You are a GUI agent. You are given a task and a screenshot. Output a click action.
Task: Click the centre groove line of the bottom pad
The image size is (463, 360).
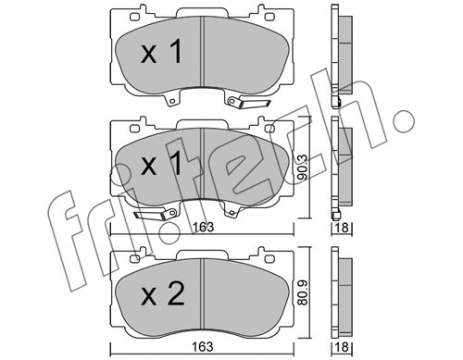tap(203, 292)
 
